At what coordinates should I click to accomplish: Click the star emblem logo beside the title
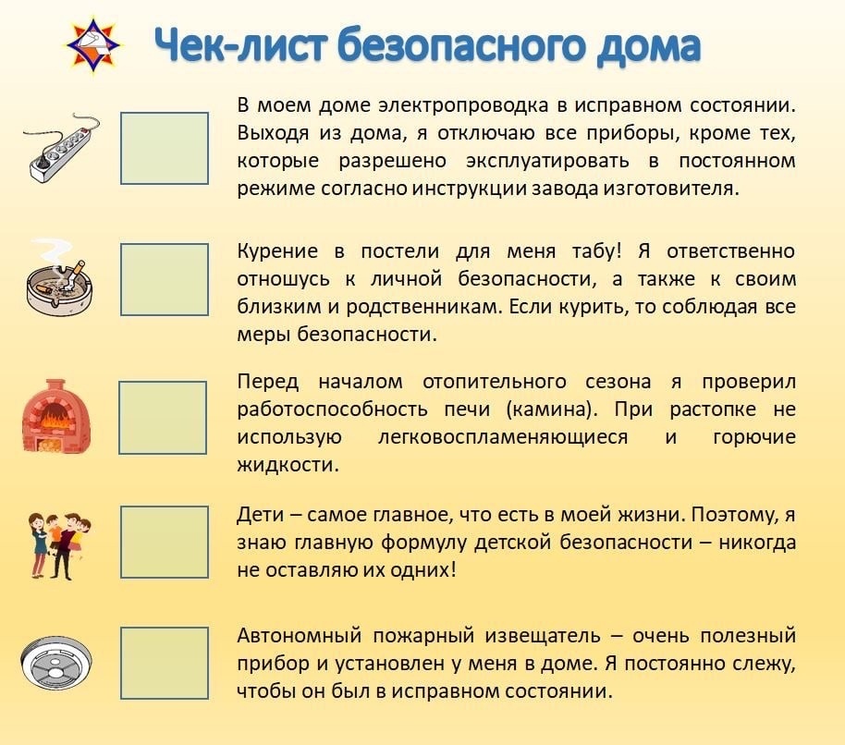pos(92,45)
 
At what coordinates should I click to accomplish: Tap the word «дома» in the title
pos(649,46)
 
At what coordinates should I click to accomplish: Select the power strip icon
pos(60,148)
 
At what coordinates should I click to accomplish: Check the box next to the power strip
pos(165,148)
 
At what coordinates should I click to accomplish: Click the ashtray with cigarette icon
pos(59,278)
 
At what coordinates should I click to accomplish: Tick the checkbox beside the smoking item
pos(165,279)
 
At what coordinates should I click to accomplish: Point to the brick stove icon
pos(56,415)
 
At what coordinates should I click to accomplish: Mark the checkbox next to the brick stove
pos(163,418)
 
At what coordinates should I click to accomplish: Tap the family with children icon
pos(59,545)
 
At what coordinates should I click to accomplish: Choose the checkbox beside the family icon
pos(165,542)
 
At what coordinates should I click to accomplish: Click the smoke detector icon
pos(56,663)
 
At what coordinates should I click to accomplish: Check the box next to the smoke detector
pos(165,663)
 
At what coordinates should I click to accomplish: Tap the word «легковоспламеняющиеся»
pos(503,437)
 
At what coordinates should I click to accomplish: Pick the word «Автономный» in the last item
pos(300,636)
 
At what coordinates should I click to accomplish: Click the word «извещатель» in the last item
pos(543,636)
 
